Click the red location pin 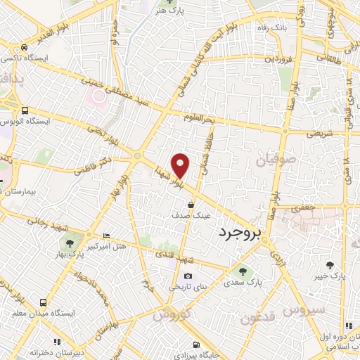pyautogui.click(x=181, y=165)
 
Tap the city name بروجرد pyautogui.click(x=240, y=231)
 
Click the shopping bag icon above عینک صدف pyautogui.click(x=191, y=205)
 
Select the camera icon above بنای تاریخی pyautogui.click(x=188, y=276)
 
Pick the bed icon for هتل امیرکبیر pyautogui.click(x=105, y=235)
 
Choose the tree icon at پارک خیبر pyautogui.click(x=330, y=265)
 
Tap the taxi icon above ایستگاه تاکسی pyautogui.click(x=25, y=48)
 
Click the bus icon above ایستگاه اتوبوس pyautogui.click(x=25, y=110)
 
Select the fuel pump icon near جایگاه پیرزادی pyautogui.click(x=195, y=345)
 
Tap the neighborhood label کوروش pyautogui.click(x=172, y=314)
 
